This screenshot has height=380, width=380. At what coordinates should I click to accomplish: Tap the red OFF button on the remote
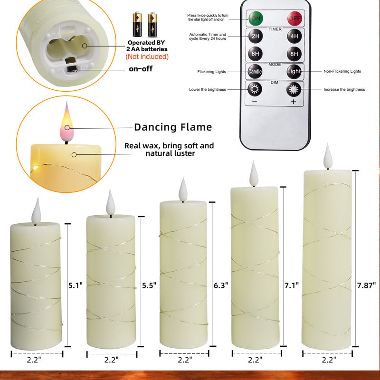[294, 19]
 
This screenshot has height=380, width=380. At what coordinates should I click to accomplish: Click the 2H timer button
[256, 36]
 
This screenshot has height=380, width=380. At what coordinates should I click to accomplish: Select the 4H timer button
[294, 36]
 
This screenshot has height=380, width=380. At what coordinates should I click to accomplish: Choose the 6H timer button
[255, 54]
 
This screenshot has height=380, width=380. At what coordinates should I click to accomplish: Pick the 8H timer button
[294, 54]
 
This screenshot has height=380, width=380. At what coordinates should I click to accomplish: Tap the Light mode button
[294, 71]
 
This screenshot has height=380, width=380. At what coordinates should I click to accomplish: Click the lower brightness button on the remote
[255, 89]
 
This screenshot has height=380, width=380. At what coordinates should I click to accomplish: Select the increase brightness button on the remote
[294, 89]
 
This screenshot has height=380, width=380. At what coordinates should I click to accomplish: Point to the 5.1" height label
[76, 285]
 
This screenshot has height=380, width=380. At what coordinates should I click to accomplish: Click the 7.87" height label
[366, 285]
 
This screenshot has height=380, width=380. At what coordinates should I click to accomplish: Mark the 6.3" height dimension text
[221, 285]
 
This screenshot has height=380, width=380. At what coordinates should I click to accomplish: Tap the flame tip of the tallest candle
[328, 143]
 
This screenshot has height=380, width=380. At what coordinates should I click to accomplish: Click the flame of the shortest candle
[36, 211]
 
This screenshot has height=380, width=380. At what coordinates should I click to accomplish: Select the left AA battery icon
[137, 24]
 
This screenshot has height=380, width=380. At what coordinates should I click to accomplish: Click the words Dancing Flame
[173, 127]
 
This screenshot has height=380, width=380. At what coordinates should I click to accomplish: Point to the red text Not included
[147, 57]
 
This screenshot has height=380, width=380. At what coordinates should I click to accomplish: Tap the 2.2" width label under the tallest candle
[329, 360]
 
